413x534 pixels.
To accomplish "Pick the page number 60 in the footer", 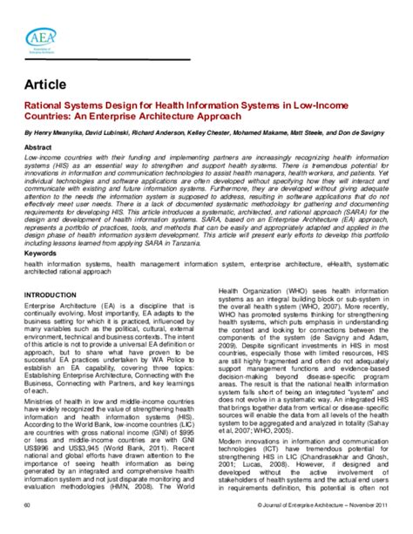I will tap(28, 528).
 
